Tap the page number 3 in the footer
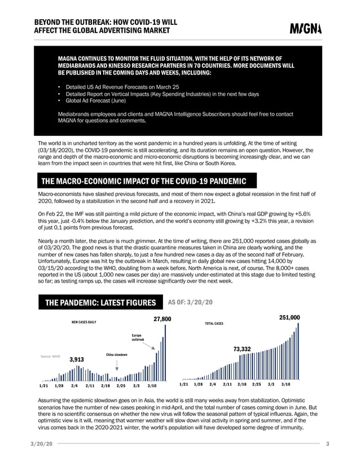[327, 445]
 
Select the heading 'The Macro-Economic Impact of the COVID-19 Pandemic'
[144, 181]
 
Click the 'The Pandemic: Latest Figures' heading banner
[100, 302]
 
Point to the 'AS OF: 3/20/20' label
[190, 302]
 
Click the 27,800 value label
[162, 319]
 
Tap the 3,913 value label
[76, 359]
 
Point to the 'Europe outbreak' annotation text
[138, 337]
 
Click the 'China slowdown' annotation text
[117, 354]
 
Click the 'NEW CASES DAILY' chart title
[84, 324]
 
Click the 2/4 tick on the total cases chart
[213, 384]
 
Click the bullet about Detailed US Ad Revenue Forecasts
[122, 87]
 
